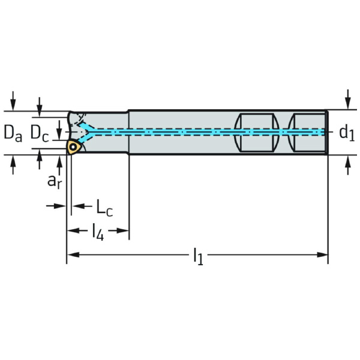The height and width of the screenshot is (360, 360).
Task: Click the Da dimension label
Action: tap(13, 133)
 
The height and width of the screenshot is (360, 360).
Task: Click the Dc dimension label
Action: tap(40, 132)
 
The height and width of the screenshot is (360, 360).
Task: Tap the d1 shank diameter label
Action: tap(347, 133)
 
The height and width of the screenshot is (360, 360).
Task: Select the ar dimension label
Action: tap(55, 180)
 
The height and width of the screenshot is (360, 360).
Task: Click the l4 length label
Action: tap(97, 232)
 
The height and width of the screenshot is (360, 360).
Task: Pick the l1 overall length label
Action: tap(198, 257)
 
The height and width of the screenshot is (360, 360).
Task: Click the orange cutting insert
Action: tap(73, 147)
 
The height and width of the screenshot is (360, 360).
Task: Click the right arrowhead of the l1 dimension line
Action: tap(324, 255)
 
